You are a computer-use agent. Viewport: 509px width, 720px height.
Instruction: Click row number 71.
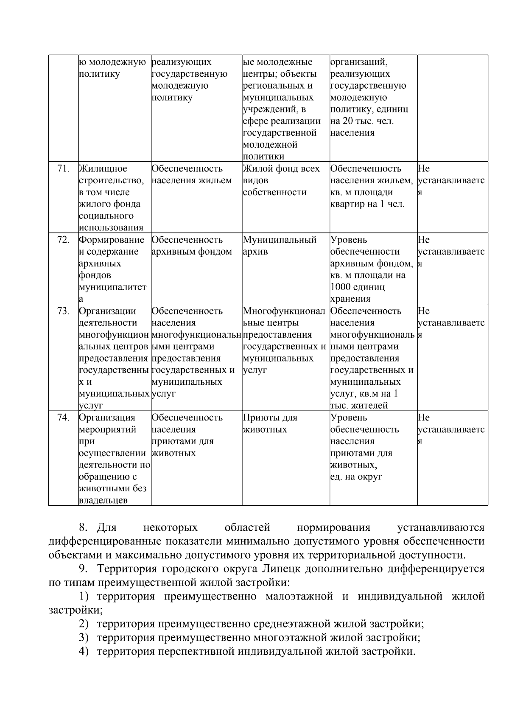tap(63, 168)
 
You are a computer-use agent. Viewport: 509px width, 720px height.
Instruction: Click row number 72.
tap(63, 240)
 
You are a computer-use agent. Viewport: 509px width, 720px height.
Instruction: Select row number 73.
tap(63, 311)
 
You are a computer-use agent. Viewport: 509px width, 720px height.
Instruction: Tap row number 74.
tap(63, 417)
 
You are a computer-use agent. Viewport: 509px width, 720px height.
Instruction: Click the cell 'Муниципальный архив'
tap(280, 246)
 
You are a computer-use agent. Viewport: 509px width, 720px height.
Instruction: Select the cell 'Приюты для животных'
tap(270, 423)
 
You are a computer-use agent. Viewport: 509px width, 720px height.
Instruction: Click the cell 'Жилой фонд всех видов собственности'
tap(281, 180)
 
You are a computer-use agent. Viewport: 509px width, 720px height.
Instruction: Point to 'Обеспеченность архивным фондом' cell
tap(192, 246)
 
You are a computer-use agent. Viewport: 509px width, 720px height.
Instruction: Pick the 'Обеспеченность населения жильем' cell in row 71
tap(192, 174)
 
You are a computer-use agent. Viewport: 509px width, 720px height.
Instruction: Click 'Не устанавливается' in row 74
tap(451, 429)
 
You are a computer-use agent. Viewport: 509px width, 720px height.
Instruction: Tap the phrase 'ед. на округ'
tap(356, 476)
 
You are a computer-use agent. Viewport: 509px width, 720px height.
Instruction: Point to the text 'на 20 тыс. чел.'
tap(362, 121)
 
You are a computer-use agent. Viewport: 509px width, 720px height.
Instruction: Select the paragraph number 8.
tap(83, 528)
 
